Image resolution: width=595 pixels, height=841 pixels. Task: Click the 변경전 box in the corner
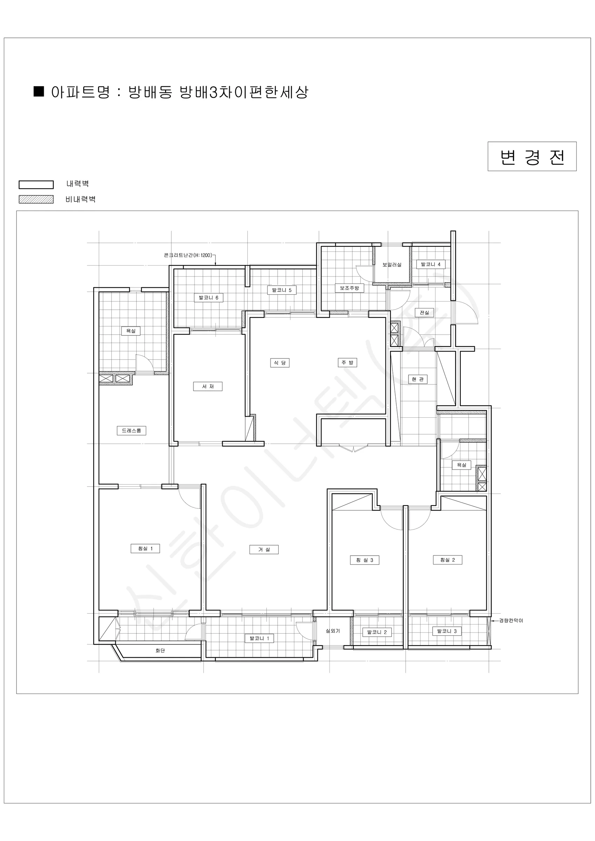pyautogui.click(x=532, y=156)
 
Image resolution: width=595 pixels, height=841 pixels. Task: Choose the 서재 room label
pyautogui.click(x=208, y=387)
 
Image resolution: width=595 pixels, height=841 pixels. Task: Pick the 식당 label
pyautogui.click(x=280, y=363)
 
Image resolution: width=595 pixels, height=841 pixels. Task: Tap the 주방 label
pyautogui.click(x=347, y=363)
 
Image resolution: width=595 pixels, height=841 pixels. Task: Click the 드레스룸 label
pyautogui.click(x=131, y=430)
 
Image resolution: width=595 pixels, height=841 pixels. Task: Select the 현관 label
pyautogui.click(x=418, y=379)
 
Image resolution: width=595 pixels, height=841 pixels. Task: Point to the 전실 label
pyautogui.click(x=424, y=313)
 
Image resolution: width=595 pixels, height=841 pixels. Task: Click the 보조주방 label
pyautogui.click(x=349, y=288)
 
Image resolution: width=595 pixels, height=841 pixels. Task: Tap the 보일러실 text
pyautogui.click(x=392, y=265)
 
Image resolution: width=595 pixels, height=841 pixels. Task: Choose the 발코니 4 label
pyautogui.click(x=431, y=264)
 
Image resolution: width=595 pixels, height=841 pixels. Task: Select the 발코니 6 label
pyautogui.click(x=208, y=298)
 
